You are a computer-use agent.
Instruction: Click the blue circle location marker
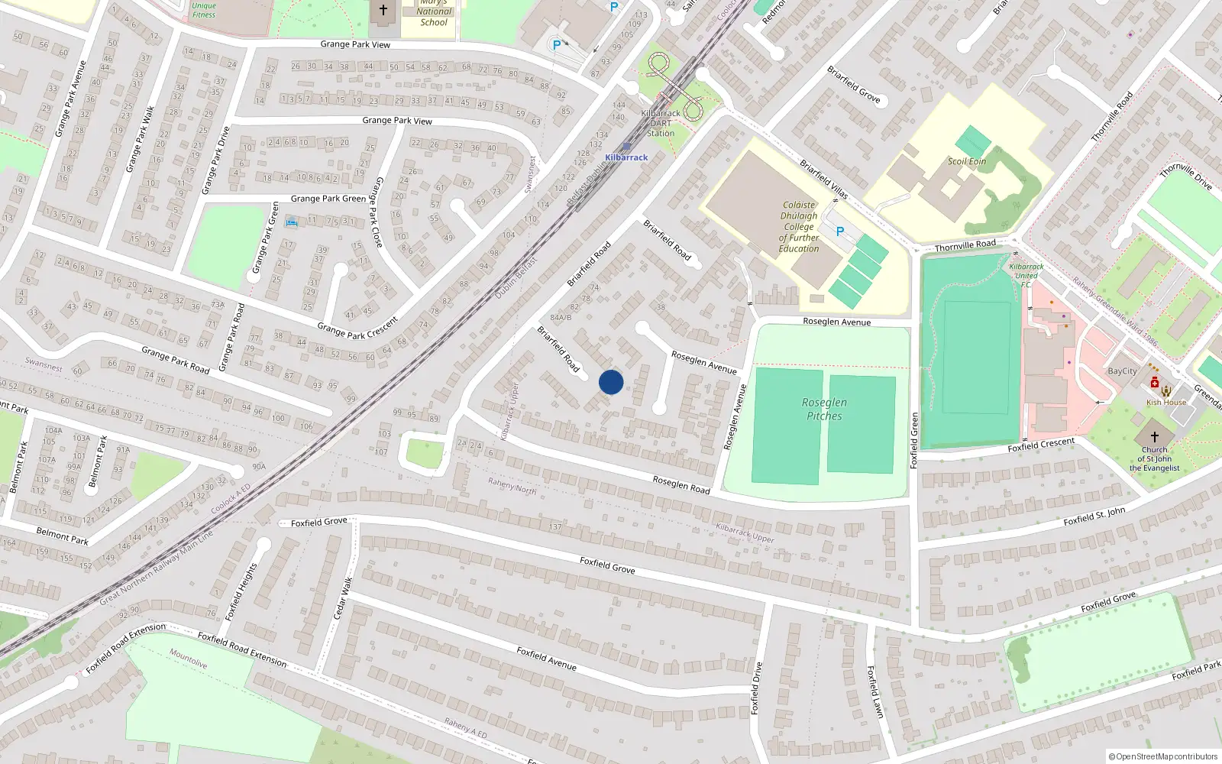click(611, 382)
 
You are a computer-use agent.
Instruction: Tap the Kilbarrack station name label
click(626, 157)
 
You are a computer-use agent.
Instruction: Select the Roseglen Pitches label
click(824, 409)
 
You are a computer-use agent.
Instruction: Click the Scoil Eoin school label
click(967, 161)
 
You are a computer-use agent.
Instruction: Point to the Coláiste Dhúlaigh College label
click(799, 226)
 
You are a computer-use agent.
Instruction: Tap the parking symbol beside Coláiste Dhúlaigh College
click(840, 231)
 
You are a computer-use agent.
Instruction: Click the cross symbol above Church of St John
click(1155, 436)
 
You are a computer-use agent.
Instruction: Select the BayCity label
click(1122, 371)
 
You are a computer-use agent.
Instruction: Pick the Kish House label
click(1166, 402)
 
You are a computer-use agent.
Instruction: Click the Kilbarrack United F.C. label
click(1026, 275)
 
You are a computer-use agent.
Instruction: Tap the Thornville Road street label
click(965, 245)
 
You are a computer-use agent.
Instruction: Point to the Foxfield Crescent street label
click(1041, 445)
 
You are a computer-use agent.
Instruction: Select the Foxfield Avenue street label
click(546, 658)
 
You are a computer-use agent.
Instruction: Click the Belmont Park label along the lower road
click(63, 536)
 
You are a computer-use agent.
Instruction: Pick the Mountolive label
click(188, 659)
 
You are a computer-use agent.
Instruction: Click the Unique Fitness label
click(204, 10)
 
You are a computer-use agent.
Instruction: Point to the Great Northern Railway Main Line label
click(157, 568)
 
